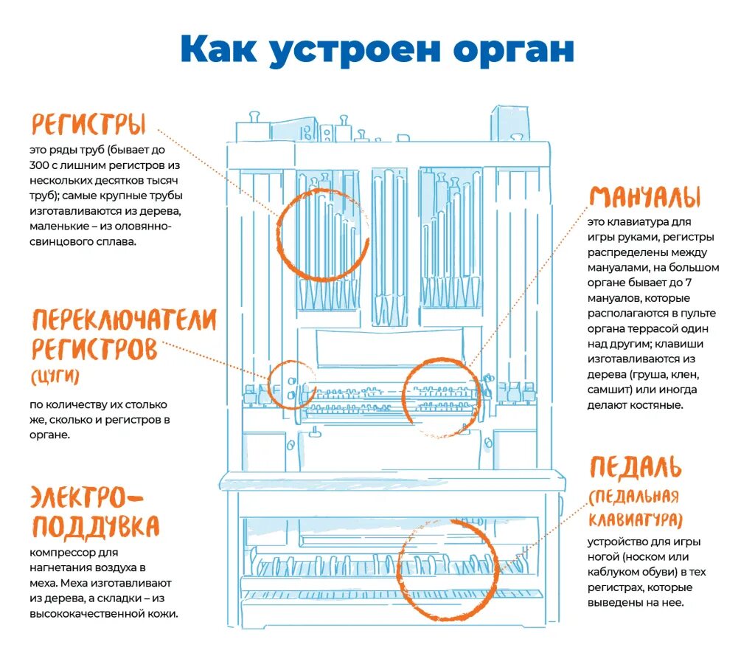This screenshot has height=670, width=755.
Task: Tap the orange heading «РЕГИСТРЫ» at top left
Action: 88,125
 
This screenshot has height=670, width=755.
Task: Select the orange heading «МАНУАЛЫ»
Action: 644,197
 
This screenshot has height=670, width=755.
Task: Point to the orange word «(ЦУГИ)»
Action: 55,377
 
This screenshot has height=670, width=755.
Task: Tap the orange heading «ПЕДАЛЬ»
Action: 635,467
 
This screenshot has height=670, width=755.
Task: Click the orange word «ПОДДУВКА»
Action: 95,527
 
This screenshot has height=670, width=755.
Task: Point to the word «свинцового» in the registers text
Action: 62,241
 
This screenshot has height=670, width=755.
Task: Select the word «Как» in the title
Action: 218,48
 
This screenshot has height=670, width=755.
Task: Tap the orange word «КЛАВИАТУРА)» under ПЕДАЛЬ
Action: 635,519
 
